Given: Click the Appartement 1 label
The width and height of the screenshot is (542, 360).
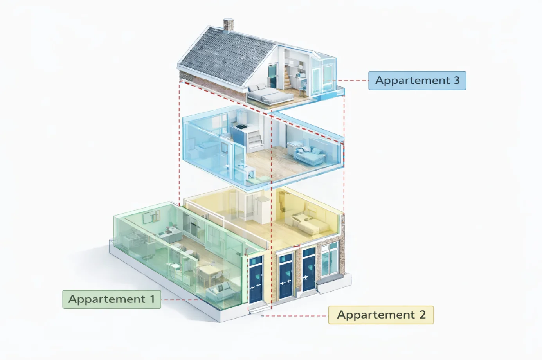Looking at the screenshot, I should (112, 299).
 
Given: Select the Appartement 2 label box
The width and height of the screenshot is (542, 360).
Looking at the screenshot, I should (381, 315).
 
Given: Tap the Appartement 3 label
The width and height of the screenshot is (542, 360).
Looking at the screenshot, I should (417, 81).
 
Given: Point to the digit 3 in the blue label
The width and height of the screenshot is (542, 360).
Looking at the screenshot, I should (456, 81).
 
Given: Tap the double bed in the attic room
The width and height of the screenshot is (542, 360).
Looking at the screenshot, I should (266, 94).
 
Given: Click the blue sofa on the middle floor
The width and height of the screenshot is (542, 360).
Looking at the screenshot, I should (309, 155).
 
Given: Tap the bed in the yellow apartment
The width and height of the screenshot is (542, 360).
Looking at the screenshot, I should (311, 223).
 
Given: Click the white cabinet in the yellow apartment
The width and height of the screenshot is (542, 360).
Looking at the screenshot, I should (263, 209).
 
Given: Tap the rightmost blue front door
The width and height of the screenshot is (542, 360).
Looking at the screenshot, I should (308, 270).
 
